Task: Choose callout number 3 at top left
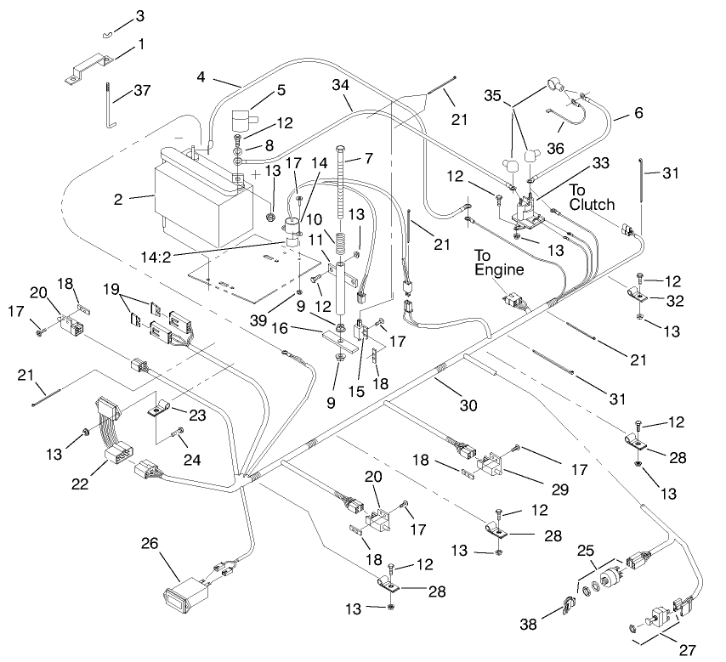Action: coord(140,16)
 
